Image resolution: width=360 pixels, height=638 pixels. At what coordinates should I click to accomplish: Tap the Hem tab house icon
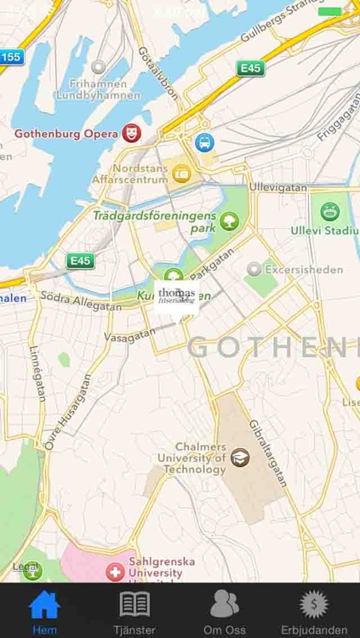click(x=44, y=605)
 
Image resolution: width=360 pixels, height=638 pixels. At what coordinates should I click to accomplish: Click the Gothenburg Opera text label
click(x=66, y=134)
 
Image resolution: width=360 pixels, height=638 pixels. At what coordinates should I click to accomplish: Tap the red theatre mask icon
click(x=130, y=133)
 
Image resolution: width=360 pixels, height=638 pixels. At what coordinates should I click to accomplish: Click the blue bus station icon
click(x=203, y=142)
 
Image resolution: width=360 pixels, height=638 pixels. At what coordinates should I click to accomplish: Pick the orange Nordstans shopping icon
click(x=181, y=173)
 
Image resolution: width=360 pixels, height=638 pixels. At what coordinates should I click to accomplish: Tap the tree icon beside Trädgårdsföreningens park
click(x=228, y=222)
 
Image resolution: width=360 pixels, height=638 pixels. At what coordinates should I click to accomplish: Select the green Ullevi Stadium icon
click(x=329, y=212)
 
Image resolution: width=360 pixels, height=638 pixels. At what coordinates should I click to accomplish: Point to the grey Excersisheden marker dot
click(x=253, y=270)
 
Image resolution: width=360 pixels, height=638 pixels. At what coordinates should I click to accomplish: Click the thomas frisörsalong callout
click(x=176, y=297)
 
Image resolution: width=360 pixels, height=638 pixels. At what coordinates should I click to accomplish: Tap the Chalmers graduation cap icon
click(x=240, y=457)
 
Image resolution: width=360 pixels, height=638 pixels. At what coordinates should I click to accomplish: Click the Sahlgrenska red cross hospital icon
click(x=114, y=572)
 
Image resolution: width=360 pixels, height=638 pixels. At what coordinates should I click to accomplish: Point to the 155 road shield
click(x=10, y=57)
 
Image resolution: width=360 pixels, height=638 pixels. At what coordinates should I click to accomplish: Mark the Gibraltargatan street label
click(x=265, y=452)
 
